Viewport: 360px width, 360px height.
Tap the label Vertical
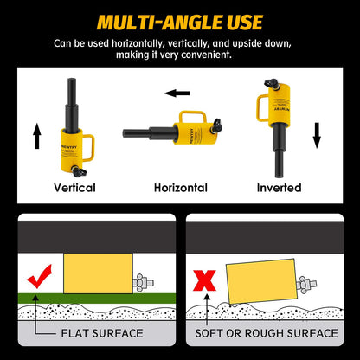coord(74,188)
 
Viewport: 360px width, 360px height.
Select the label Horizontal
coord(181,188)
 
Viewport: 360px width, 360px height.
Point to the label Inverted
coord(280,188)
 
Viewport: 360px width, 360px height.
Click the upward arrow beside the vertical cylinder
coord(37,136)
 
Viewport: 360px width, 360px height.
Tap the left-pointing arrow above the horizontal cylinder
coord(177,93)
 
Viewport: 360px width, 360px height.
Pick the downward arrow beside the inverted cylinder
coord(317,135)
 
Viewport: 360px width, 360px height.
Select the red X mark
coord(204,280)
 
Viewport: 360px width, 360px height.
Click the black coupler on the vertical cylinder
coord(79,171)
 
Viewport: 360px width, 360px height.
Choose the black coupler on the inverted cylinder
coord(272,84)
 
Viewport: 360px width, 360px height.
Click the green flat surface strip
coord(97,299)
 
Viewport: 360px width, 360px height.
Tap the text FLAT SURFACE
coord(102,333)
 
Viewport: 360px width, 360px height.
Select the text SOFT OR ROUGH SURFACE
coord(267,333)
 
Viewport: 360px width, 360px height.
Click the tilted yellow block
coord(261,281)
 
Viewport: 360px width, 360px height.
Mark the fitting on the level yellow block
coord(143,282)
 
